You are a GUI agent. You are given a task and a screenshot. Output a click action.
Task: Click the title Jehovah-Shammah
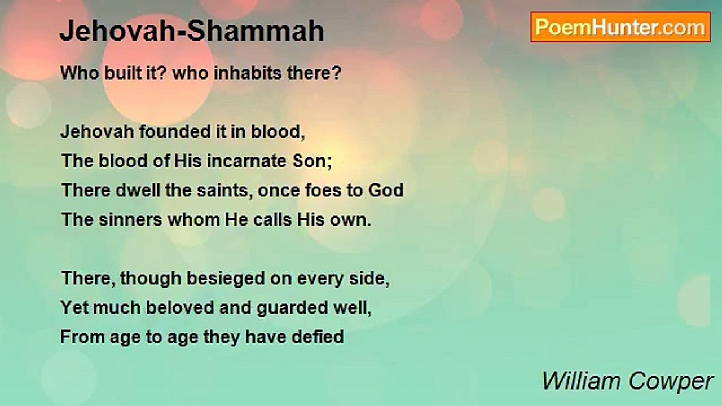coord(192,31)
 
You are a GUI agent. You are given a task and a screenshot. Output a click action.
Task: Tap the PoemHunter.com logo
coord(620,27)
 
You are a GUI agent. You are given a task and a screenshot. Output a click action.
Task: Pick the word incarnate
coord(246,161)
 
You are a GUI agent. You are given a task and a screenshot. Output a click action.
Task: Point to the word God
coord(386,190)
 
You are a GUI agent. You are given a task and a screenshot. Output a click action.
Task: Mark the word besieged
coord(226,279)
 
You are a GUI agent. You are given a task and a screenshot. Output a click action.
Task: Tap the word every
coord(320,279)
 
